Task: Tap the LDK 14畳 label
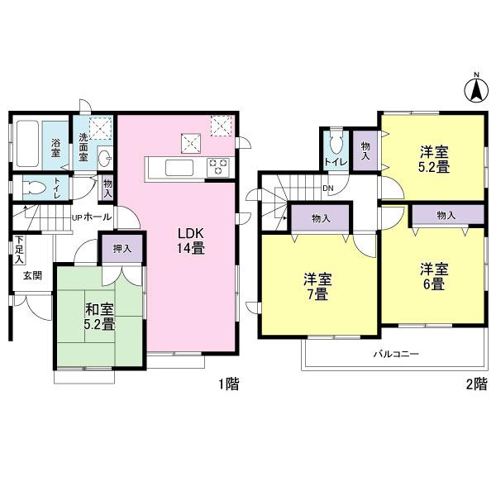pyautogui.click(x=189, y=241)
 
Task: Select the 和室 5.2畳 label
pyautogui.click(x=98, y=317)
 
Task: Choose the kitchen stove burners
pyautogui.click(x=217, y=166)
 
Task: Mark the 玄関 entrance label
pyautogui.click(x=32, y=274)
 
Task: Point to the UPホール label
pyautogui.click(x=93, y=217)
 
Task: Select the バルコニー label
pyautogui.click(x=395, y=354)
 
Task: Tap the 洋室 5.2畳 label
pyautogui.click(x=432, y=159)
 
